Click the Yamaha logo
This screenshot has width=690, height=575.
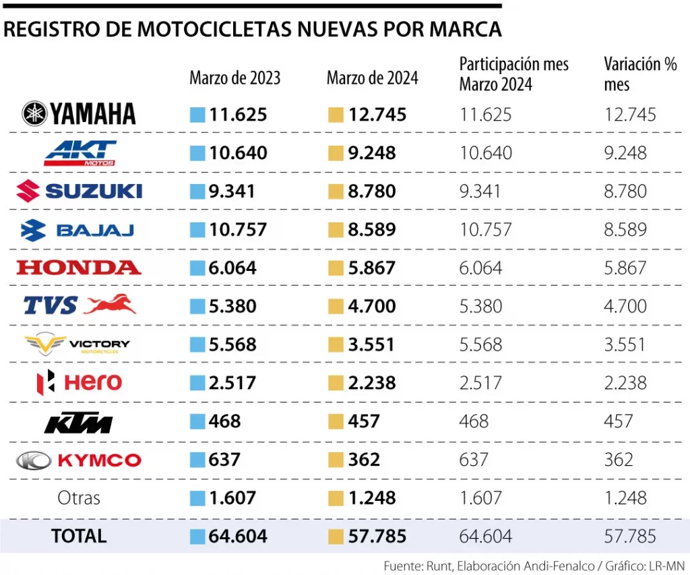(x=79, y=114)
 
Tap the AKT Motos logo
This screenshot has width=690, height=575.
(x=80, y=153)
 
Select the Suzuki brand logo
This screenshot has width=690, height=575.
(x=79, y=191)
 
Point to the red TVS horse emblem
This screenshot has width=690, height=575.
(x=110, y=305)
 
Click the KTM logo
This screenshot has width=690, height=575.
(x=78, y=423)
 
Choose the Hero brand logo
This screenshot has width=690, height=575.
(x=79, y=383)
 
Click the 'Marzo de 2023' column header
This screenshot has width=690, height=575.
(x=234, y=78)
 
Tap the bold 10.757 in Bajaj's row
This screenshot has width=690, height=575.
(x=238, y=230)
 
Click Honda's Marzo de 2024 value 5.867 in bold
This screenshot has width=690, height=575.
(x=372, y=268)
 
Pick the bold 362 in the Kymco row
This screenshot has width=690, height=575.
(x=364, y=460)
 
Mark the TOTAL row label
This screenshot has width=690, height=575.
(x=79, y=536)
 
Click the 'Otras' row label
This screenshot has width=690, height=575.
(x=79, y=498)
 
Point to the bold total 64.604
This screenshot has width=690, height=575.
(x=238, y=537)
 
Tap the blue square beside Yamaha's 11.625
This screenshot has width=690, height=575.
(x=197, y=115)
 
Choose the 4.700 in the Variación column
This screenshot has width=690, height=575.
(x=625, y=306)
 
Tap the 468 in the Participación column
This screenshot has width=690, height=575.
(x=474, y=421)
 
